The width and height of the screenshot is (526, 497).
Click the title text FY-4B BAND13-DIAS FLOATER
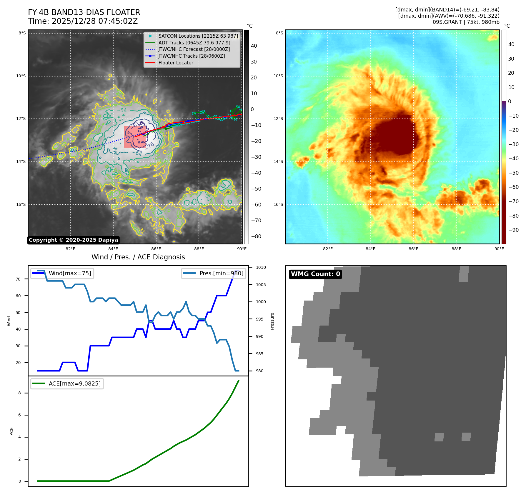click(x=84, y=12)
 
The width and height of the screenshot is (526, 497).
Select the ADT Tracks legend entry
click(x=194, y=43)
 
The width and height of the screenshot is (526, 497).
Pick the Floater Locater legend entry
click(x=176, y=63)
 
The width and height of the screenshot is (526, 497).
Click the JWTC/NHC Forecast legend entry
click(x=194, y=49)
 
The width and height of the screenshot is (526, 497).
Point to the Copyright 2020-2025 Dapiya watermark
click(x=73, y=240)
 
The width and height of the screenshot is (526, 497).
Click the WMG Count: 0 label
click(x=315, y=274)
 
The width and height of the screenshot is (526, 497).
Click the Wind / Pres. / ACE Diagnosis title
click(x=138, y=257)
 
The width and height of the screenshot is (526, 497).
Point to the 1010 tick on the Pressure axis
click(x=261, y=267)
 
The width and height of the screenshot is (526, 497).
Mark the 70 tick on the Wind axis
click(x=18, y=279)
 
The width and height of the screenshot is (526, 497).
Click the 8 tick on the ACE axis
click(x=20, y=393)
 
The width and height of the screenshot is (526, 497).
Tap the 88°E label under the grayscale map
click(x=199, y=249)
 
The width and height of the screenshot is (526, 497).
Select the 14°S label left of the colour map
click(x=278, y=161)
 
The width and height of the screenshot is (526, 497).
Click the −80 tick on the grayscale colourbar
click(x=256, y=236)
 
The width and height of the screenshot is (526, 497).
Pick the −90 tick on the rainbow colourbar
click(x=513, y=230)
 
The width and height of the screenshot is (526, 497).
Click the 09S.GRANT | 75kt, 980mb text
click(x=466, y=22)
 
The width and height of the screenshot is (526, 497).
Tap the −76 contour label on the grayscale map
click(x=150, y=145)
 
